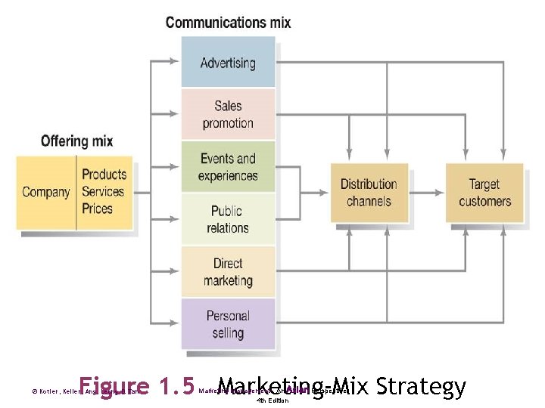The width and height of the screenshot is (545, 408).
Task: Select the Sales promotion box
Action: click(x=228, y=114)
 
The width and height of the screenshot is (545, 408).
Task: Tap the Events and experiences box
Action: click(x=228, y=167)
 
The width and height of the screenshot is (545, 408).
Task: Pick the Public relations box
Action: click(x=228, y=219)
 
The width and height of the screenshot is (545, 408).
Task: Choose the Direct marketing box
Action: click(x=228, y=272)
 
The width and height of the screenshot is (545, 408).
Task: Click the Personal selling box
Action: click(x=228, y=324)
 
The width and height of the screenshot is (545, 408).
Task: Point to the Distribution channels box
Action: click(x=369, y=193)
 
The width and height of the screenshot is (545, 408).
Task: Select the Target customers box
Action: click(x=484, y=193)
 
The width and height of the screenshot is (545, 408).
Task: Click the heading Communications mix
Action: click(x=228, y=22)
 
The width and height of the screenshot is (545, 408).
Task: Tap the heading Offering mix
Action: click(x=76, y=141)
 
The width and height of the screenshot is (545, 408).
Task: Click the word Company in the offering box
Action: click(x=46, y=192)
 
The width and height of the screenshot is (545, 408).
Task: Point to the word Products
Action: click(x=104, y=175)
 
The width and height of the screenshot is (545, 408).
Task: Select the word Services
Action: click(x=103, y=192)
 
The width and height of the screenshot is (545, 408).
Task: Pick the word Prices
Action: click(x=97, y=209)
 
